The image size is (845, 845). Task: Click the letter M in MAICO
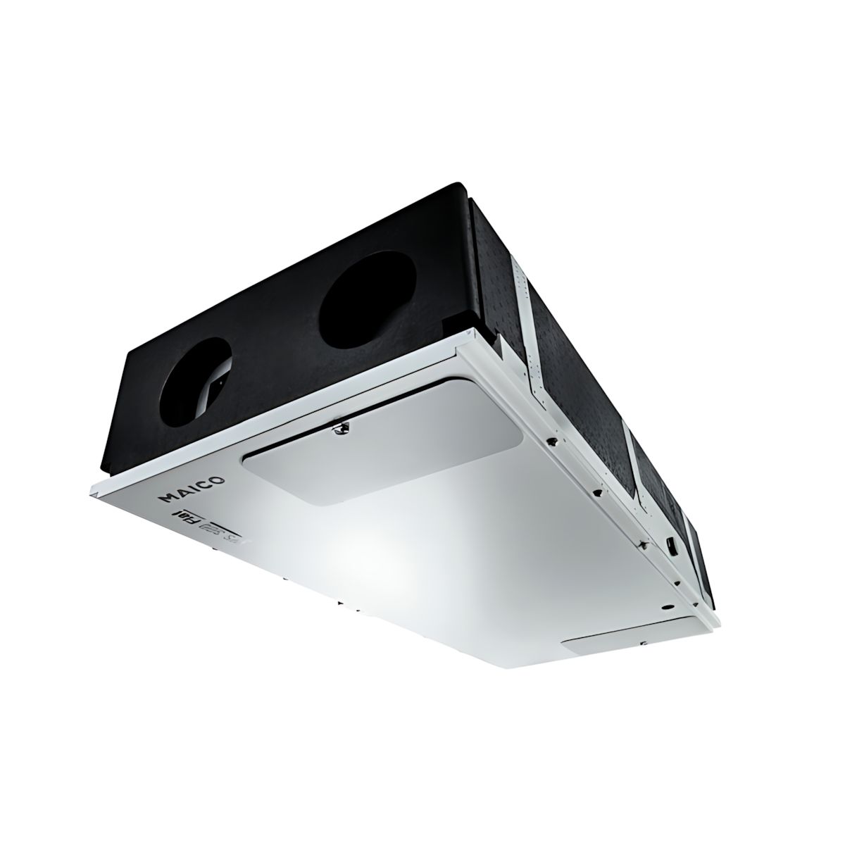[x=165, y=499]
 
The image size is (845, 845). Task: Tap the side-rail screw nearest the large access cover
[x=552, y=442]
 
